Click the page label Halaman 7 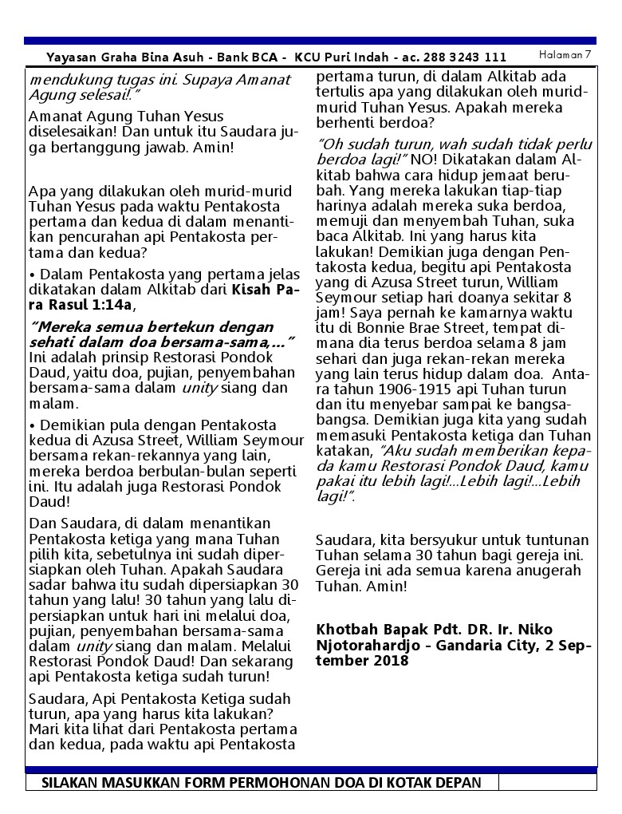coord(565,54)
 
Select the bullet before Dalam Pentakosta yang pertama coord(31,275)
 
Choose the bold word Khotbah coord(344,630)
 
